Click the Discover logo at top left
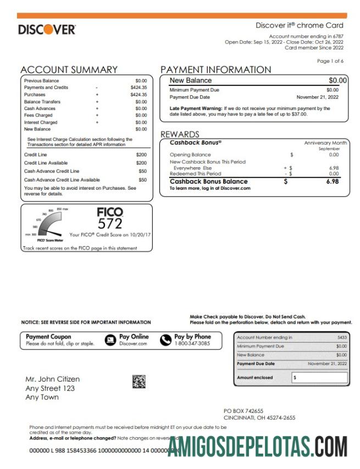(x=47, y=30)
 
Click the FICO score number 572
(x=109, y=223)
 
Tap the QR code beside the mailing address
(x=139, y=382)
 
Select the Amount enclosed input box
(x=319, y=378)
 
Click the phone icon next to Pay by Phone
(x=165, y=340)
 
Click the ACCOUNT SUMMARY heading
(x=69, y=70)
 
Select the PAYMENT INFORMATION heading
(x=215, y=70)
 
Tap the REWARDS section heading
(x=180, y=134)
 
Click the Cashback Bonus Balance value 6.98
(x=333, y=181)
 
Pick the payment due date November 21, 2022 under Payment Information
(x=318, y=97)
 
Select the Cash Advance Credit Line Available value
(x=142, y=180)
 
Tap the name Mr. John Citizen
(x=53, y=379)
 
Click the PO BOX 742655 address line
(x=243, y=411)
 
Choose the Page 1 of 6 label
(x=330, y=61)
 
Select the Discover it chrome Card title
(x=299, y=25)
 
